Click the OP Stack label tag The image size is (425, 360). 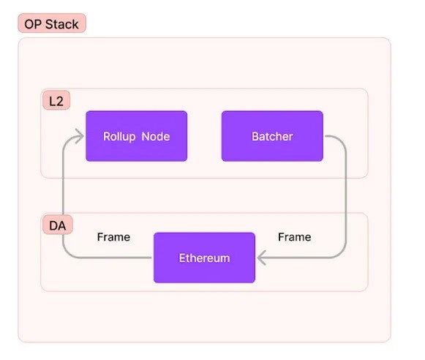tap(52, 23)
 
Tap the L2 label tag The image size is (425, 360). tap(56, 100)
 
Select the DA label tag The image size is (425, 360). tap(58, 225)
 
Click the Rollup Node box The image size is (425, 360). tap(137, 136)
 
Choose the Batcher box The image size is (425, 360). tap(272, 136)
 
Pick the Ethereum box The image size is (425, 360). tap(204, 258)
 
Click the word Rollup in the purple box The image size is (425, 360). tap(119, 137)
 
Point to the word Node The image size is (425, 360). tap(156, 136)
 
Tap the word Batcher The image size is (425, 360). tap(272, 136)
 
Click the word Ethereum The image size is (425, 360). tap(204, 258)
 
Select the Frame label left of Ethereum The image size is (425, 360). tap(113, 237)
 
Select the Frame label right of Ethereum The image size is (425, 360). tap(295, 237)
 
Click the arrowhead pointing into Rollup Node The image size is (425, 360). tap(79, 136)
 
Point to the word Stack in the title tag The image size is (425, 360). tap(61, 24)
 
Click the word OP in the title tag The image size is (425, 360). tap(33, 24)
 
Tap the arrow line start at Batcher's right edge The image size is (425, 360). tap(326, 136)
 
